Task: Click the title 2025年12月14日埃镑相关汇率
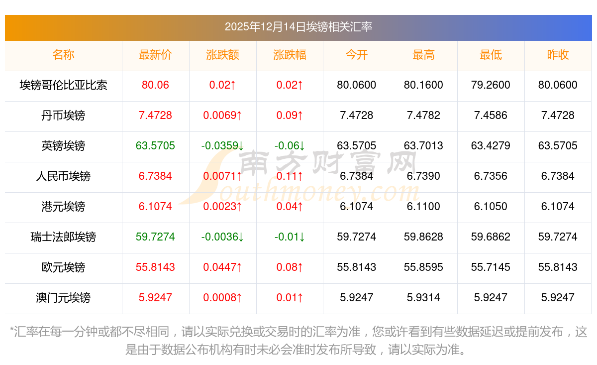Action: tap(298, 27)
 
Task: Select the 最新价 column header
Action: tap(155, 55)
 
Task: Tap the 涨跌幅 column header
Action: tap(290, 55)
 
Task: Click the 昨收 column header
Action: tap(558, 55)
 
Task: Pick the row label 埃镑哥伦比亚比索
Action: tap(63, 85)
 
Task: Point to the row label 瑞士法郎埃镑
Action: tap(63, 237)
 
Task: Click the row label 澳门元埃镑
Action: tap(63, 298)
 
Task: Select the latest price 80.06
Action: tap(155, 85)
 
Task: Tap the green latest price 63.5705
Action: tap(155, 146)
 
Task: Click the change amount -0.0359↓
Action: tap(222, 146)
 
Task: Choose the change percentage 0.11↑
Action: tap(290, 176)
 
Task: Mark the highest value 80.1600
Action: tap(423, 85)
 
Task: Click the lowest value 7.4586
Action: tap(491, 116)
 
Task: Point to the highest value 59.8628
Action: tap(423, 237)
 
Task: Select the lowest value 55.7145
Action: tap(491, 267)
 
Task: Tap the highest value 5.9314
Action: tap(423, 298)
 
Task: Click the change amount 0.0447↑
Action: tap(222, 267)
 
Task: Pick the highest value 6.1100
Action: tap(423, 207)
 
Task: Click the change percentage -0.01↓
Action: tap(290, 237)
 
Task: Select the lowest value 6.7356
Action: tap(491, 176)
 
